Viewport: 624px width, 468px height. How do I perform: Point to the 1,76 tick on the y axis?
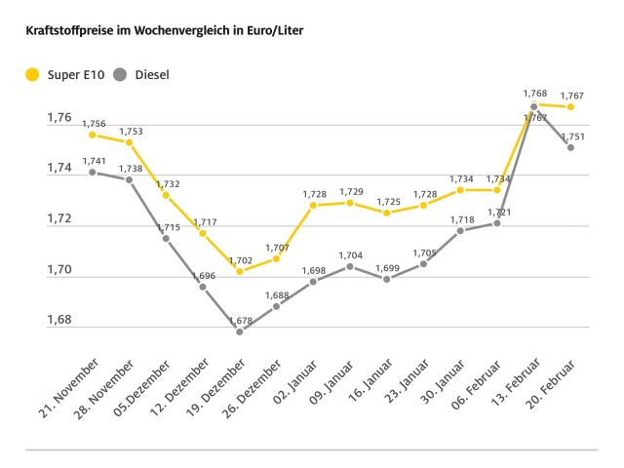point(59,118)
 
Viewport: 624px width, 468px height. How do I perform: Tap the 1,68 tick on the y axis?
point(59,321)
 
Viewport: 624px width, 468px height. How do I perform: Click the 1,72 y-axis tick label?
point(59,219)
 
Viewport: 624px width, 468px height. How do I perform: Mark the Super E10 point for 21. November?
point(93,135)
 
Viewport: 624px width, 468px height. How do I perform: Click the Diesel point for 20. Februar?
point(571,147)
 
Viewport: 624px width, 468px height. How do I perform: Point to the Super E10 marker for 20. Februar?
point(571,106)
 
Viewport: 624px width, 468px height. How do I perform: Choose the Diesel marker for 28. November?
point(129,179)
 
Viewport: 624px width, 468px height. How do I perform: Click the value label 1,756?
point(93,123)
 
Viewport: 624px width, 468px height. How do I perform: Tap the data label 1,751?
point(571,136)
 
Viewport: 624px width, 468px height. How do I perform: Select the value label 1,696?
point(203,275)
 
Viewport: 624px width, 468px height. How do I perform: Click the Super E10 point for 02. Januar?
point(313,205)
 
